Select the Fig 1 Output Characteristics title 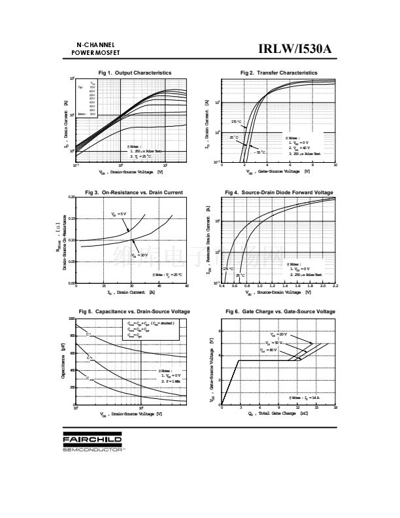(135, 73)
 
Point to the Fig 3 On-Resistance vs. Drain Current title (134, 192)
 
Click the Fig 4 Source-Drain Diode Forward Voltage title (279, 192)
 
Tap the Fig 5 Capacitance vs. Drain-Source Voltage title (134, 311)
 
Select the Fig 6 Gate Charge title (280, 311)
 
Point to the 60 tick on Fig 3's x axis (187, 286)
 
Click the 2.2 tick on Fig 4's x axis (335, 286)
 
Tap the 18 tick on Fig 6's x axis (335, 407)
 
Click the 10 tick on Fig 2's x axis (335, 165)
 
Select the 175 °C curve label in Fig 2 (235, 122)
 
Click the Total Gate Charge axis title (278, 413)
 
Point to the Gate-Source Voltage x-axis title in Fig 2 (278, 172)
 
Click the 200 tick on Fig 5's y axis (71, 387)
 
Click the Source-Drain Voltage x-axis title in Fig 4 (278, 292)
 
